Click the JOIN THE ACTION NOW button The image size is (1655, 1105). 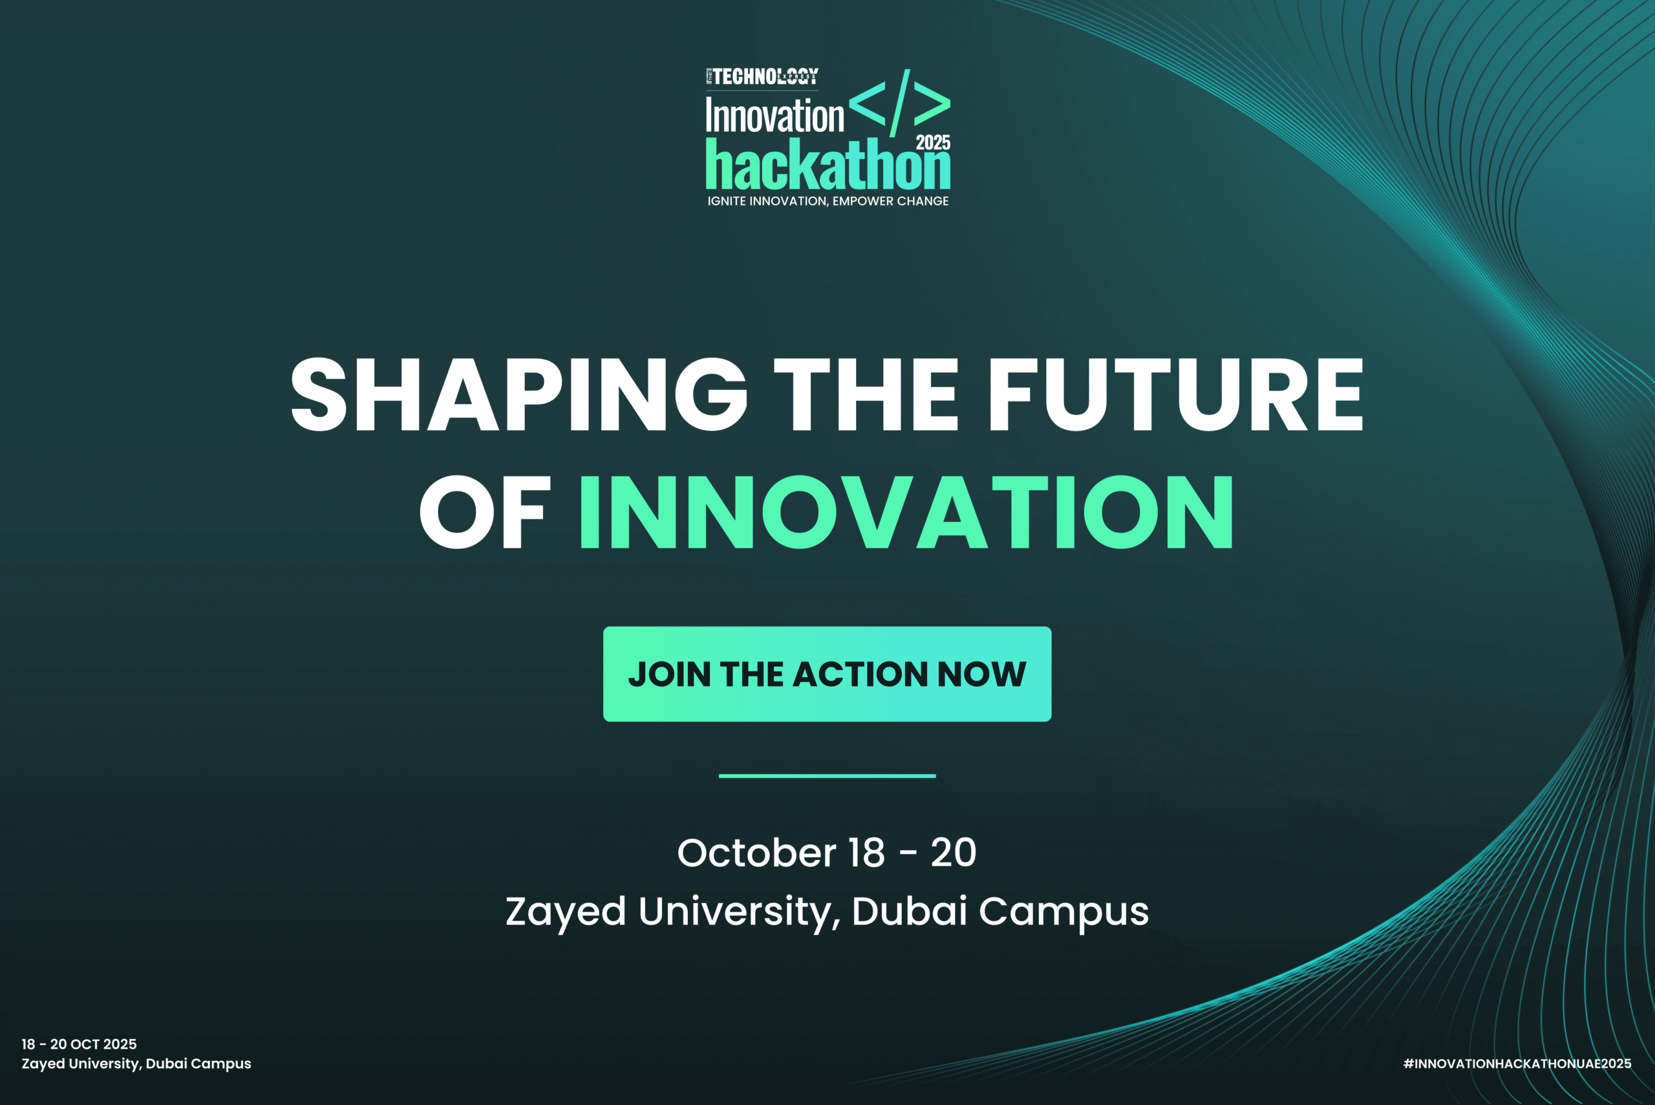click(827, 674)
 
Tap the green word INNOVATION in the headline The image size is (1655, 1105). click(906, 512)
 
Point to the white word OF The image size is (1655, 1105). click(485, 512)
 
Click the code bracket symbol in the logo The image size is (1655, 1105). click(900, 103)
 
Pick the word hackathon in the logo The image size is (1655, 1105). click(828, 166)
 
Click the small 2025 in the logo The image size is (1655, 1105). click(933, 142)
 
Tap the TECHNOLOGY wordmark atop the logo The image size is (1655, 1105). click(763, 77)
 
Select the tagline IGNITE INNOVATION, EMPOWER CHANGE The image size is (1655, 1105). click(828, 202)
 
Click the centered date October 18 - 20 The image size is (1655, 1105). click(826, 853)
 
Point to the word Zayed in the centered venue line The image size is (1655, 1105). click(566, 911)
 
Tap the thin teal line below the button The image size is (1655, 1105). click(827, 776)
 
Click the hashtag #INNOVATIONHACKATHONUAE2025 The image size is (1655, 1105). click(1517, 1064)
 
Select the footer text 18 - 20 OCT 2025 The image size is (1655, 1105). click(79, 1044)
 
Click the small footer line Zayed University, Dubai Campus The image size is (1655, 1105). click(136, 1064)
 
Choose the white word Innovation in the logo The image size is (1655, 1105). click(774, 116)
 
